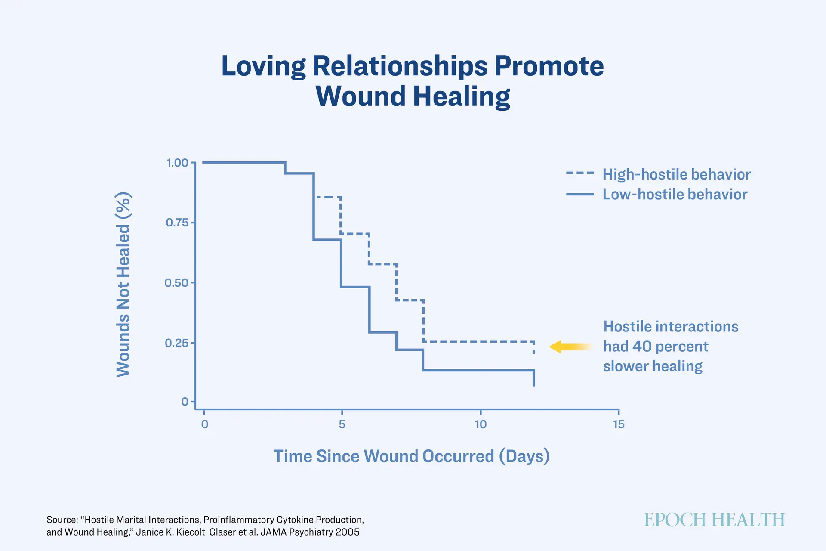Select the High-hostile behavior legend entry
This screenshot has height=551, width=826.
[x=659, y=174]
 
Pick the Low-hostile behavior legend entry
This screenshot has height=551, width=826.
[x=657, y=194]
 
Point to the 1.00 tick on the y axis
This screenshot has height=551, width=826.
[x=177, y=163]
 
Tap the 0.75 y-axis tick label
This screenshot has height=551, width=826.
[x=177, y=223]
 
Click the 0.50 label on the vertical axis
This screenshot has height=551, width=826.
[x=177, y=283]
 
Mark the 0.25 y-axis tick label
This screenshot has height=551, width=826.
[x=177, y=343]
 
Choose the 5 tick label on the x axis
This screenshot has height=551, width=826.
[x=342, y=424]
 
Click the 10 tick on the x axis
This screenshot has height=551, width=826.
[x=481, y=424]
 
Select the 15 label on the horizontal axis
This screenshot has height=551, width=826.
[x=619, y=424]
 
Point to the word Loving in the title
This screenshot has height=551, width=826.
[x=263, y=66]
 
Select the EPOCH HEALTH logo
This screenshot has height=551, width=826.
[x=714, y=520]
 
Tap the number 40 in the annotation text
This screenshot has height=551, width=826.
[x=642, y=347]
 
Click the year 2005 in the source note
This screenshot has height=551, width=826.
[x=347, y=532]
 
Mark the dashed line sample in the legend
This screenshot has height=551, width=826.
[x=580, y=173]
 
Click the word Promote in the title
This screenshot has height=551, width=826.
[x=549, y=66]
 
